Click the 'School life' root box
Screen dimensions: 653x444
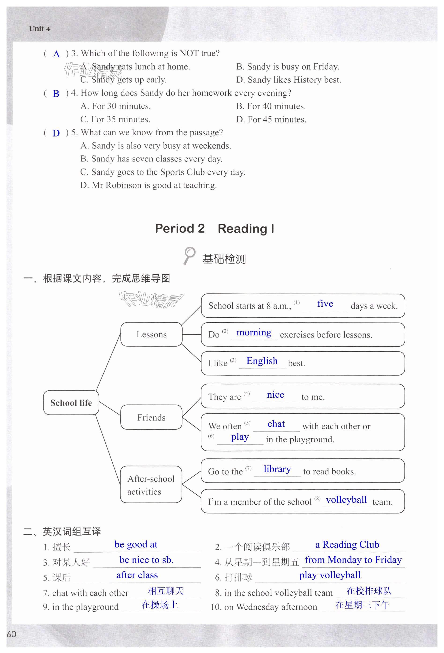pos(71,403)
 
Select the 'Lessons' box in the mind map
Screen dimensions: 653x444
pos(151,334)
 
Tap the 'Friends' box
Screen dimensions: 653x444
pos(151,417)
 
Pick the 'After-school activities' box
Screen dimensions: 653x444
pos(151,485)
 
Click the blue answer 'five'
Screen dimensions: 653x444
pos(325,304)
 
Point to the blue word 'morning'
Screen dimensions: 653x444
pos(254,333)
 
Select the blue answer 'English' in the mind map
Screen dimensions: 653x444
pos(262,361)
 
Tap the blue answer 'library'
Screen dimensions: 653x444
pos(277,469)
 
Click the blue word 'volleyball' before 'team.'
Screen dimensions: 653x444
pos(346,500)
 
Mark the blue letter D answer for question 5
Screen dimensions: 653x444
pos(56,133)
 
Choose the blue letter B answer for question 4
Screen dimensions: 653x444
pos(56,94)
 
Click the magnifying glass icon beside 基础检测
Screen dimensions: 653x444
pos(189,255)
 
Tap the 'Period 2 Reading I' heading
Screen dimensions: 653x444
pos(215,228)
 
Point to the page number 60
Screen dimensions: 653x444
pos(11,634)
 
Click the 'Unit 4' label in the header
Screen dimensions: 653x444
pos(40,29)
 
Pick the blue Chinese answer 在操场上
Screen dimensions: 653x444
pos(160,605)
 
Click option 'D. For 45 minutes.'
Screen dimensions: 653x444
pos(271,120)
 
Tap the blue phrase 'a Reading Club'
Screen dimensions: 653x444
pos(347,545)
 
